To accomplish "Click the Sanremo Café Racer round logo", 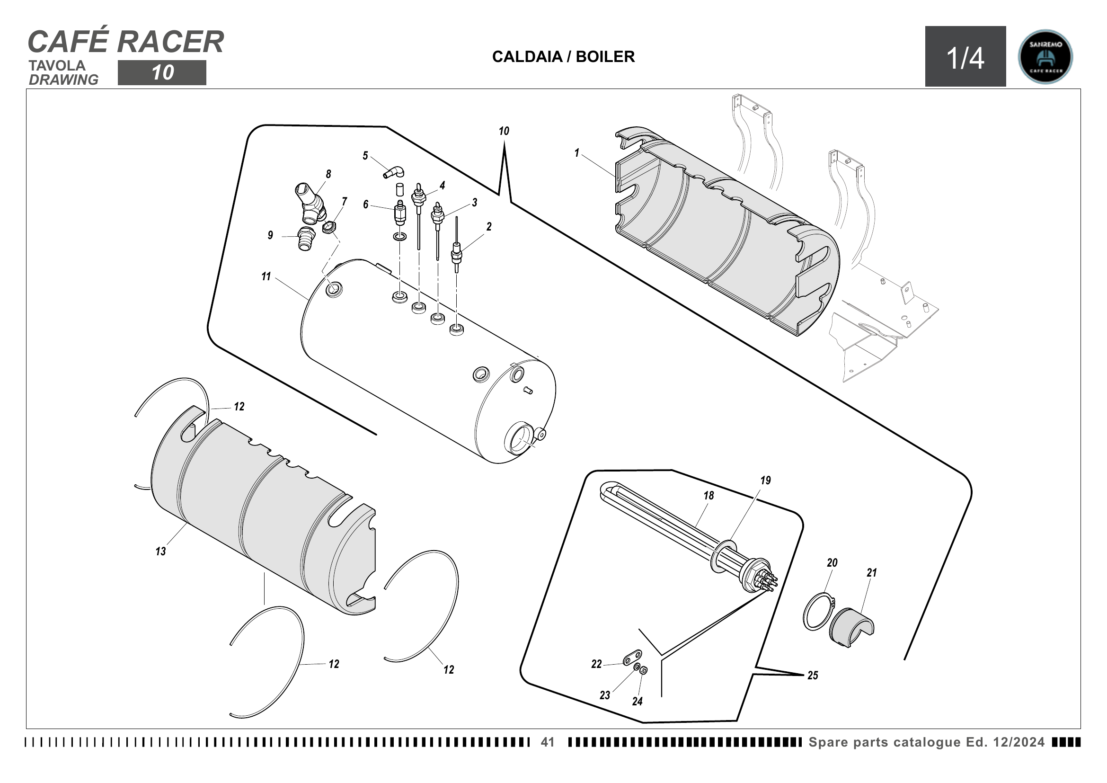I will click(1045, 57).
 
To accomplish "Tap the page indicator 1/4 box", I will click(965, 57).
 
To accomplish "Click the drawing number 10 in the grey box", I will click(162, 73).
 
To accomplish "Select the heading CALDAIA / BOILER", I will click(563, 57).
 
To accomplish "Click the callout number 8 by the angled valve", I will click(328, 174).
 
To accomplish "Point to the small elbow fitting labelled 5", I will click(394, 172).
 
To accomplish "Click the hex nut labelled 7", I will click(329, 226).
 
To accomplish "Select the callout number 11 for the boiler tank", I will click(266, 277).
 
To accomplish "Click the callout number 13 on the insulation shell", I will click(160, 552).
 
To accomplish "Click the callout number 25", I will click(813, 676).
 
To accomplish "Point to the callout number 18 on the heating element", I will click(708, 496).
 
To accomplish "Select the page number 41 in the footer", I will click(547, 742).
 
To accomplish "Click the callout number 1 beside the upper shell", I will click(576, 153).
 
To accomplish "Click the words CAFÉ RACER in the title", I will click(126, 42).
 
